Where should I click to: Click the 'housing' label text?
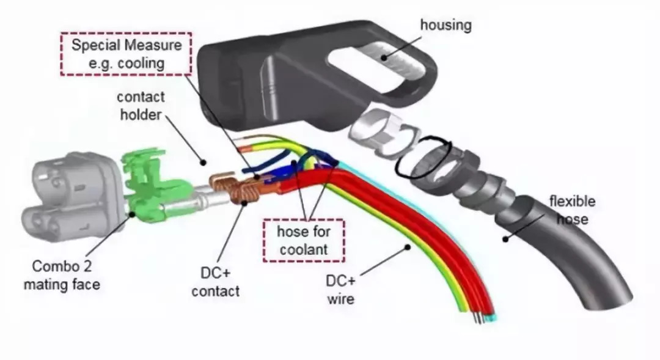(446, 25)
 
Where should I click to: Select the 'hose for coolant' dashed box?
(303, 240)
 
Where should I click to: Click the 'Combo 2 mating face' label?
(65, 275)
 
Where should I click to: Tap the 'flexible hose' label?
(571, 209)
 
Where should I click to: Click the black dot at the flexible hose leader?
(505, 238)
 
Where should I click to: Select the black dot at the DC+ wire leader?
(408, 246)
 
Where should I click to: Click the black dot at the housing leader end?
(385, 58)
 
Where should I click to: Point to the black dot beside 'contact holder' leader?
(202, 160)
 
